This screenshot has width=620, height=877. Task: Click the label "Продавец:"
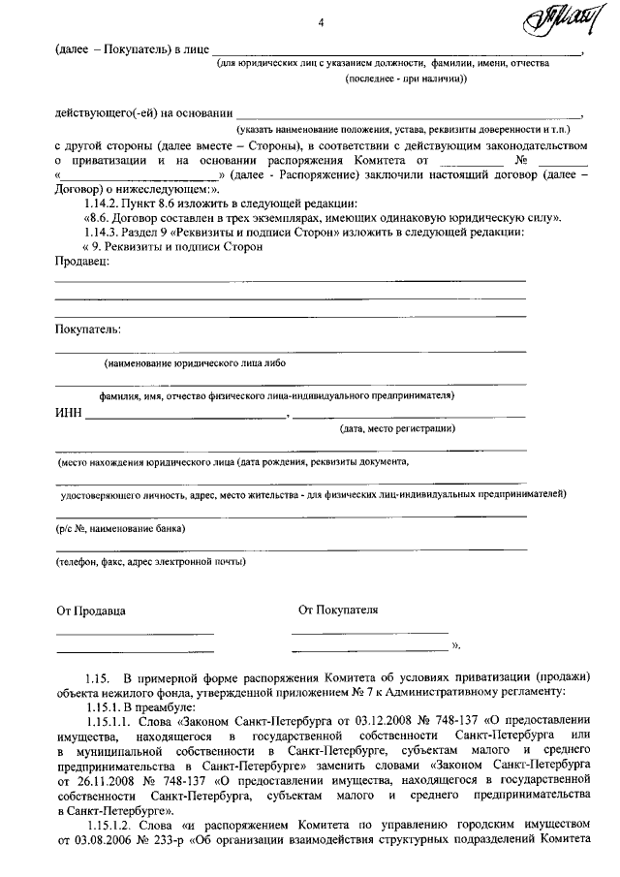click(x=82, y=264)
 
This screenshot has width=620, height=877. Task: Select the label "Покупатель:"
click(x=88, y=329)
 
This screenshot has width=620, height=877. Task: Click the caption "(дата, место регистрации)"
click(x=397, y=429)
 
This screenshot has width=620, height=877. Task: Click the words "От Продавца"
click(x=91, y=611)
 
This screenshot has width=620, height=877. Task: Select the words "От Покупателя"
click(x=338, y=611)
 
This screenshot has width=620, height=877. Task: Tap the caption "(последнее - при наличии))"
click(x=406, y=79)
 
